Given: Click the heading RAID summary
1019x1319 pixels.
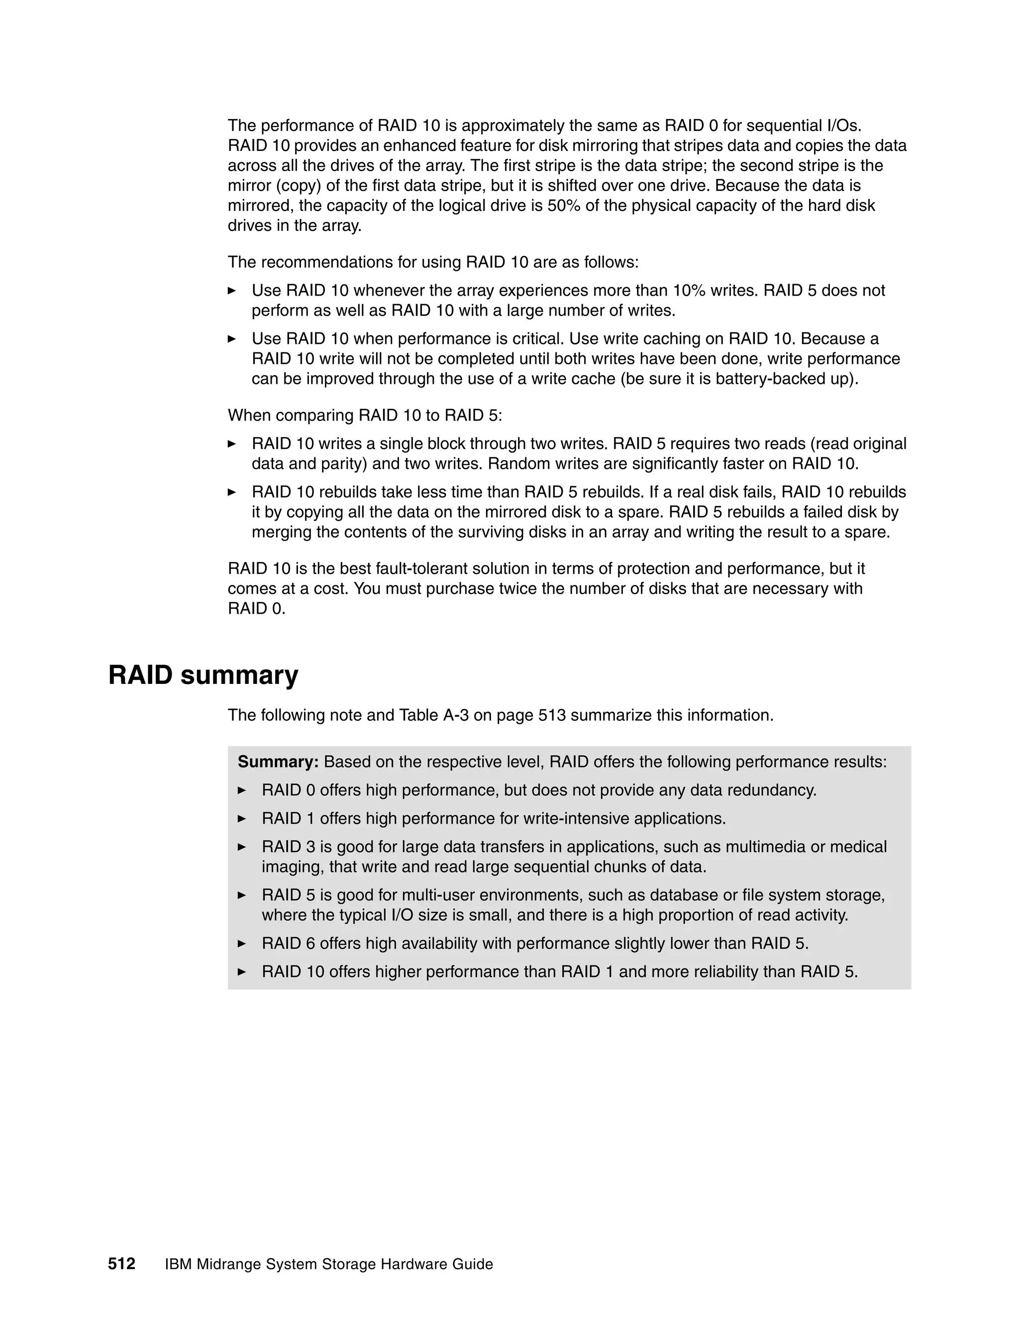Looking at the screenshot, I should click(203, 675).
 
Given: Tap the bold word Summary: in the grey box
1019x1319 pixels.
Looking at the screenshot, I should click(278, 762).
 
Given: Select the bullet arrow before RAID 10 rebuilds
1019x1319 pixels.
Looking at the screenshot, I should click(231, 492).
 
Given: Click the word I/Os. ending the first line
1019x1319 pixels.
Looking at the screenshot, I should click(843, 125).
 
